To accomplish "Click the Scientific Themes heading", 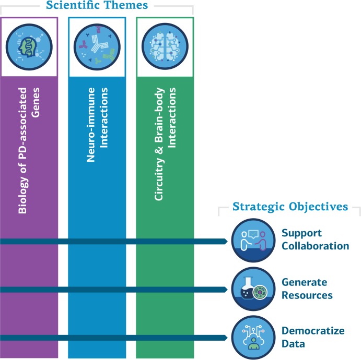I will [97, 6].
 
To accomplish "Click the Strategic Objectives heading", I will [290, 207].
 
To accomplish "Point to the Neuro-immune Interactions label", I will [97, 126].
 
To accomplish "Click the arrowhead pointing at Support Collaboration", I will [225, 241].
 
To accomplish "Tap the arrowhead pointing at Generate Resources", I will [225, 290].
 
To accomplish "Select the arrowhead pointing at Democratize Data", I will [225, 338].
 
